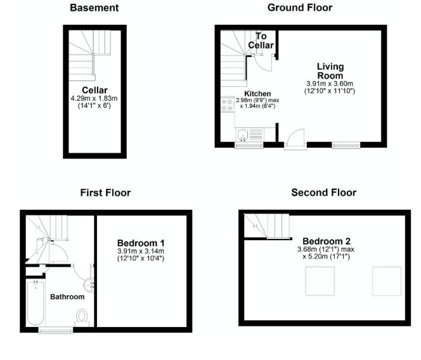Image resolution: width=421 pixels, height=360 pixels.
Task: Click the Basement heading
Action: pyautogui.click(x=94, y=8)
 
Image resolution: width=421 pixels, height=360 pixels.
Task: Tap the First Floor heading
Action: pyautogui.click(x=105, y=192)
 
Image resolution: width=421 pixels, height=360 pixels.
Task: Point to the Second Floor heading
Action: pyautogui.click(x=323, y=192)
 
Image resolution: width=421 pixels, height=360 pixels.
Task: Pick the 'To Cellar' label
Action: pyautogui.click(x=264, y=41)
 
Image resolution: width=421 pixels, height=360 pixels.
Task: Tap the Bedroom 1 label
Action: pyautogui.click(x=141, y=243)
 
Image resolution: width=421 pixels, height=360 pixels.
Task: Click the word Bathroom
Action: pyautogui.click(x=67, y=297)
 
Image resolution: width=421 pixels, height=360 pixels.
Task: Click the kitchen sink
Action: pyautogui.click(x=242, y=134)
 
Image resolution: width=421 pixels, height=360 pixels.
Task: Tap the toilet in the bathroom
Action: pyautogui.click(x=82, y=316)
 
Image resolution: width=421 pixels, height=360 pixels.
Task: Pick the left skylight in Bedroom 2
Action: pyautogui.click(x=321, y=281)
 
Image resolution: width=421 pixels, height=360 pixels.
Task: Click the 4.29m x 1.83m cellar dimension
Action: pyautogui.click(x=94, y=98)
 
